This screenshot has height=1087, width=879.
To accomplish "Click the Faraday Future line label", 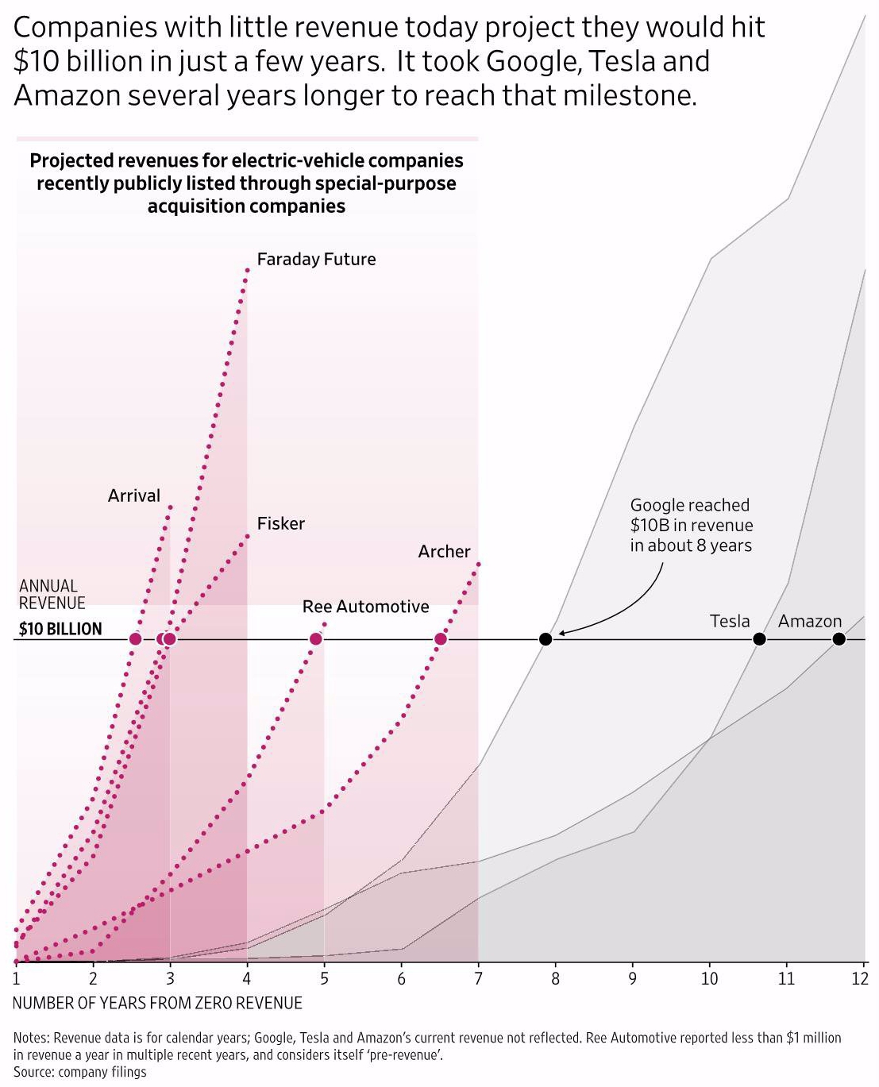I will tap(316, 260).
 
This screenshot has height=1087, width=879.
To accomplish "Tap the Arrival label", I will tap(134, 496).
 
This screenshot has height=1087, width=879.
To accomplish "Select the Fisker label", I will tap(280, 524).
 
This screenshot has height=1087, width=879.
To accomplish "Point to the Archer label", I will tap(444, 552).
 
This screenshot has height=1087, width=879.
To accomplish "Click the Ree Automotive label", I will tap(365, 607).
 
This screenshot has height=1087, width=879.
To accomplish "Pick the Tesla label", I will tap(729, 621).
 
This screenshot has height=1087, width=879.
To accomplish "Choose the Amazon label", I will tap(809, 622).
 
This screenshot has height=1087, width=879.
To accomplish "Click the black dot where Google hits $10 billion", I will tap(546, 639).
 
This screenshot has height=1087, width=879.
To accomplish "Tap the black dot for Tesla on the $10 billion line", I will tap(759, 639).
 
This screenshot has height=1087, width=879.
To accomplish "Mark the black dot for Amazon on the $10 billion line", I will tap(839, 639).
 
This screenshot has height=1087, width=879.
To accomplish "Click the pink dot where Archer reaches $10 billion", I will tap(441, 639).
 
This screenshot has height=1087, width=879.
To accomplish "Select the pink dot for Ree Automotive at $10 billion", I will tap(316, 639).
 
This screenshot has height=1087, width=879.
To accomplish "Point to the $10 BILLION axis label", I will tap(60, 630).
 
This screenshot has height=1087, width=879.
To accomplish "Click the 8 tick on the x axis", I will tap(555, 978).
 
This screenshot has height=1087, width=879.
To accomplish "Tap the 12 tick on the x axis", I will tap(860, 978).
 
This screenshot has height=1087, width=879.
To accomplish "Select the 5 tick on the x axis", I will tap(324, 978).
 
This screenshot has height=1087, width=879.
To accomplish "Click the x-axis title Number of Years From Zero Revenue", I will tap(157, 1004).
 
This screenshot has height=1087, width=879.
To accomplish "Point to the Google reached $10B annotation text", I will tap(691, 525).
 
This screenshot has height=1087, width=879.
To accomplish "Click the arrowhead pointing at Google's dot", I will tap(560, 633).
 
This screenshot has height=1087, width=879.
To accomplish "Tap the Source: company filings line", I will tap(79, 1072).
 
